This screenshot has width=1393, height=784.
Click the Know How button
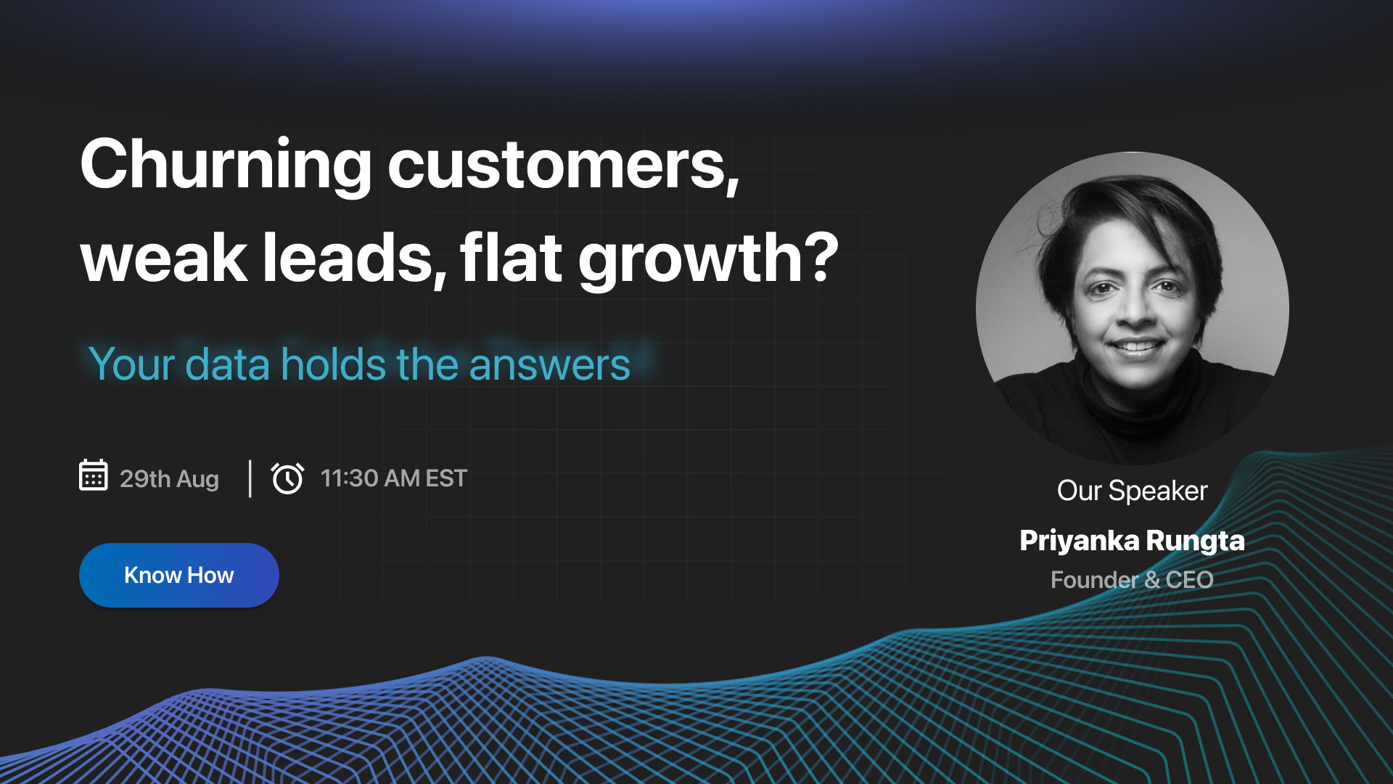(x=178, y=575)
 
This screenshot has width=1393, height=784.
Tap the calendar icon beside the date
(x=94, y=476)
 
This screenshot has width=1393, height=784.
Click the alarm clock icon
(x=287, y=478)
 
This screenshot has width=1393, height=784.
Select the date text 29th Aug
(x=169, y=479)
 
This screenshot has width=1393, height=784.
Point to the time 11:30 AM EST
(x=394, y=478)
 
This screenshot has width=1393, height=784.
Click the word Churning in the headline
(x=226, y=165)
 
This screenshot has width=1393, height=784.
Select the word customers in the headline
(x=563, y=165)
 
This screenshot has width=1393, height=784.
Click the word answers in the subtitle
(x=549, y=364)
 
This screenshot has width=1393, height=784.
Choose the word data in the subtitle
(x=228, y=364)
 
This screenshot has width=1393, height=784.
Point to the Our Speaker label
(x=1132, y=491)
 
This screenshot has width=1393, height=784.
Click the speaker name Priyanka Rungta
(x=1132, y=541)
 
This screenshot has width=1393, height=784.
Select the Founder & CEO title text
(x=1132, y=580)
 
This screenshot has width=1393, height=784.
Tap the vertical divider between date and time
(x=250, y=478)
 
